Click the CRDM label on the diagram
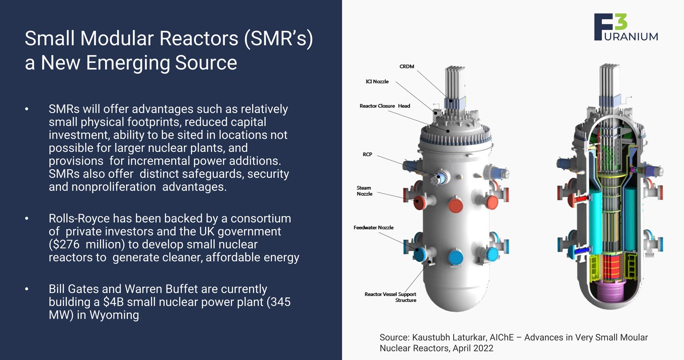coord(407,67)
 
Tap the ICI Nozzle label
coord(377,82)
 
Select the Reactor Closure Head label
coord(385,106)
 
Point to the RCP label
coord(367,154)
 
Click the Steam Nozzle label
coord(364,191)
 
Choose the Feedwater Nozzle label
coord(373,227)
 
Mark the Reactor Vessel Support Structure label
coord(390,297)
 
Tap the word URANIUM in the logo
coord(631,37)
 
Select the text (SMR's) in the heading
coord(278,38)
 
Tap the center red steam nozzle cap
coord(456,205)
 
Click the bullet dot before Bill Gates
coord(27,289)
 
